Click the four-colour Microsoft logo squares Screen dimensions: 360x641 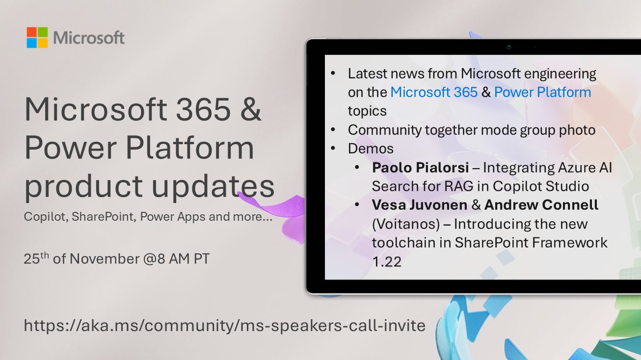click(x=37, y=38)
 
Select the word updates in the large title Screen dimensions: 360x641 click(x=211, y=187)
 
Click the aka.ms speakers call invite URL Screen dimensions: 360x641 click(x=224, y=325)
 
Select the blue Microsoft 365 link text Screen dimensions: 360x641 click(x=434, y=92)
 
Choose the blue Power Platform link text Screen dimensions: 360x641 click(x=542, y=92)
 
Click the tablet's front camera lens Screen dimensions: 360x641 click(x=509, y=47)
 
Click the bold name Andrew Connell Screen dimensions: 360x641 click(x=541, y=205)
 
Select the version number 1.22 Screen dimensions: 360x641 click(x=387, y=262)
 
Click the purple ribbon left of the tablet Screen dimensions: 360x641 click(x=275, y=206)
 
